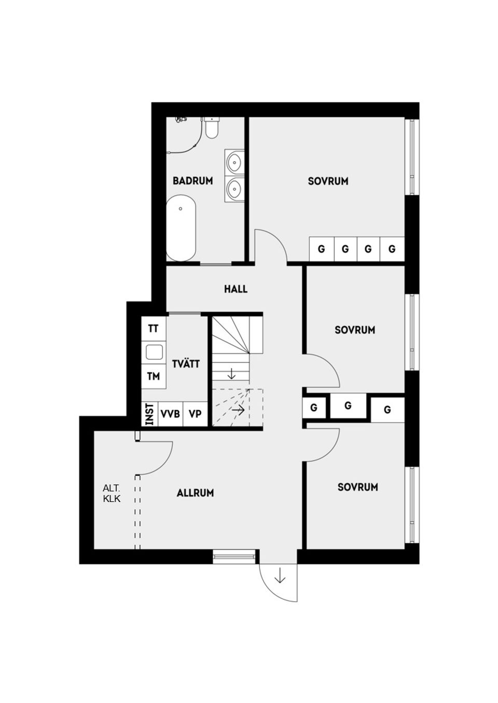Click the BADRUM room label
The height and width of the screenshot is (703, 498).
point(192,181)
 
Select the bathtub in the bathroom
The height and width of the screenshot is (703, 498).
point(181,228)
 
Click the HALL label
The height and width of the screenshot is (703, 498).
point(236,289)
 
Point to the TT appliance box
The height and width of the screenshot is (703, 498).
point(153,328)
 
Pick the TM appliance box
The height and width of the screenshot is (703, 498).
point(153,376)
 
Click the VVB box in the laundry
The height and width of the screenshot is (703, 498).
point(170,414)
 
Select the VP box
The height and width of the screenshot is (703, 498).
point(195,414)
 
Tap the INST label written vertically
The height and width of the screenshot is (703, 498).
point(149,414)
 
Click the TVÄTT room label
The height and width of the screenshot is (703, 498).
point(185,364)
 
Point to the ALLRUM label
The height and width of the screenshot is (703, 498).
point(195,493)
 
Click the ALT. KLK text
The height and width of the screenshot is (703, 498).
point(112,493)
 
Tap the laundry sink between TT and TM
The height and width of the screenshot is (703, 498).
point(154,352)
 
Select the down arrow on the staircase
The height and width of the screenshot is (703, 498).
point(231,373)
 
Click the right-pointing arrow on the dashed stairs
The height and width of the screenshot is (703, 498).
point(238,409)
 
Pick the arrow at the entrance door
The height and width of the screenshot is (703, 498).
point(280,576)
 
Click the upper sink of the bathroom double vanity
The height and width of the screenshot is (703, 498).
point(234,162)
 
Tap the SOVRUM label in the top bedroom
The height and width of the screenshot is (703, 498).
point(328,181)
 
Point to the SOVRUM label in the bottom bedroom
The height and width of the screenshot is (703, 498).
point(357,487)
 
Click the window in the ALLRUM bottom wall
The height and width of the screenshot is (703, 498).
point(234,557)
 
